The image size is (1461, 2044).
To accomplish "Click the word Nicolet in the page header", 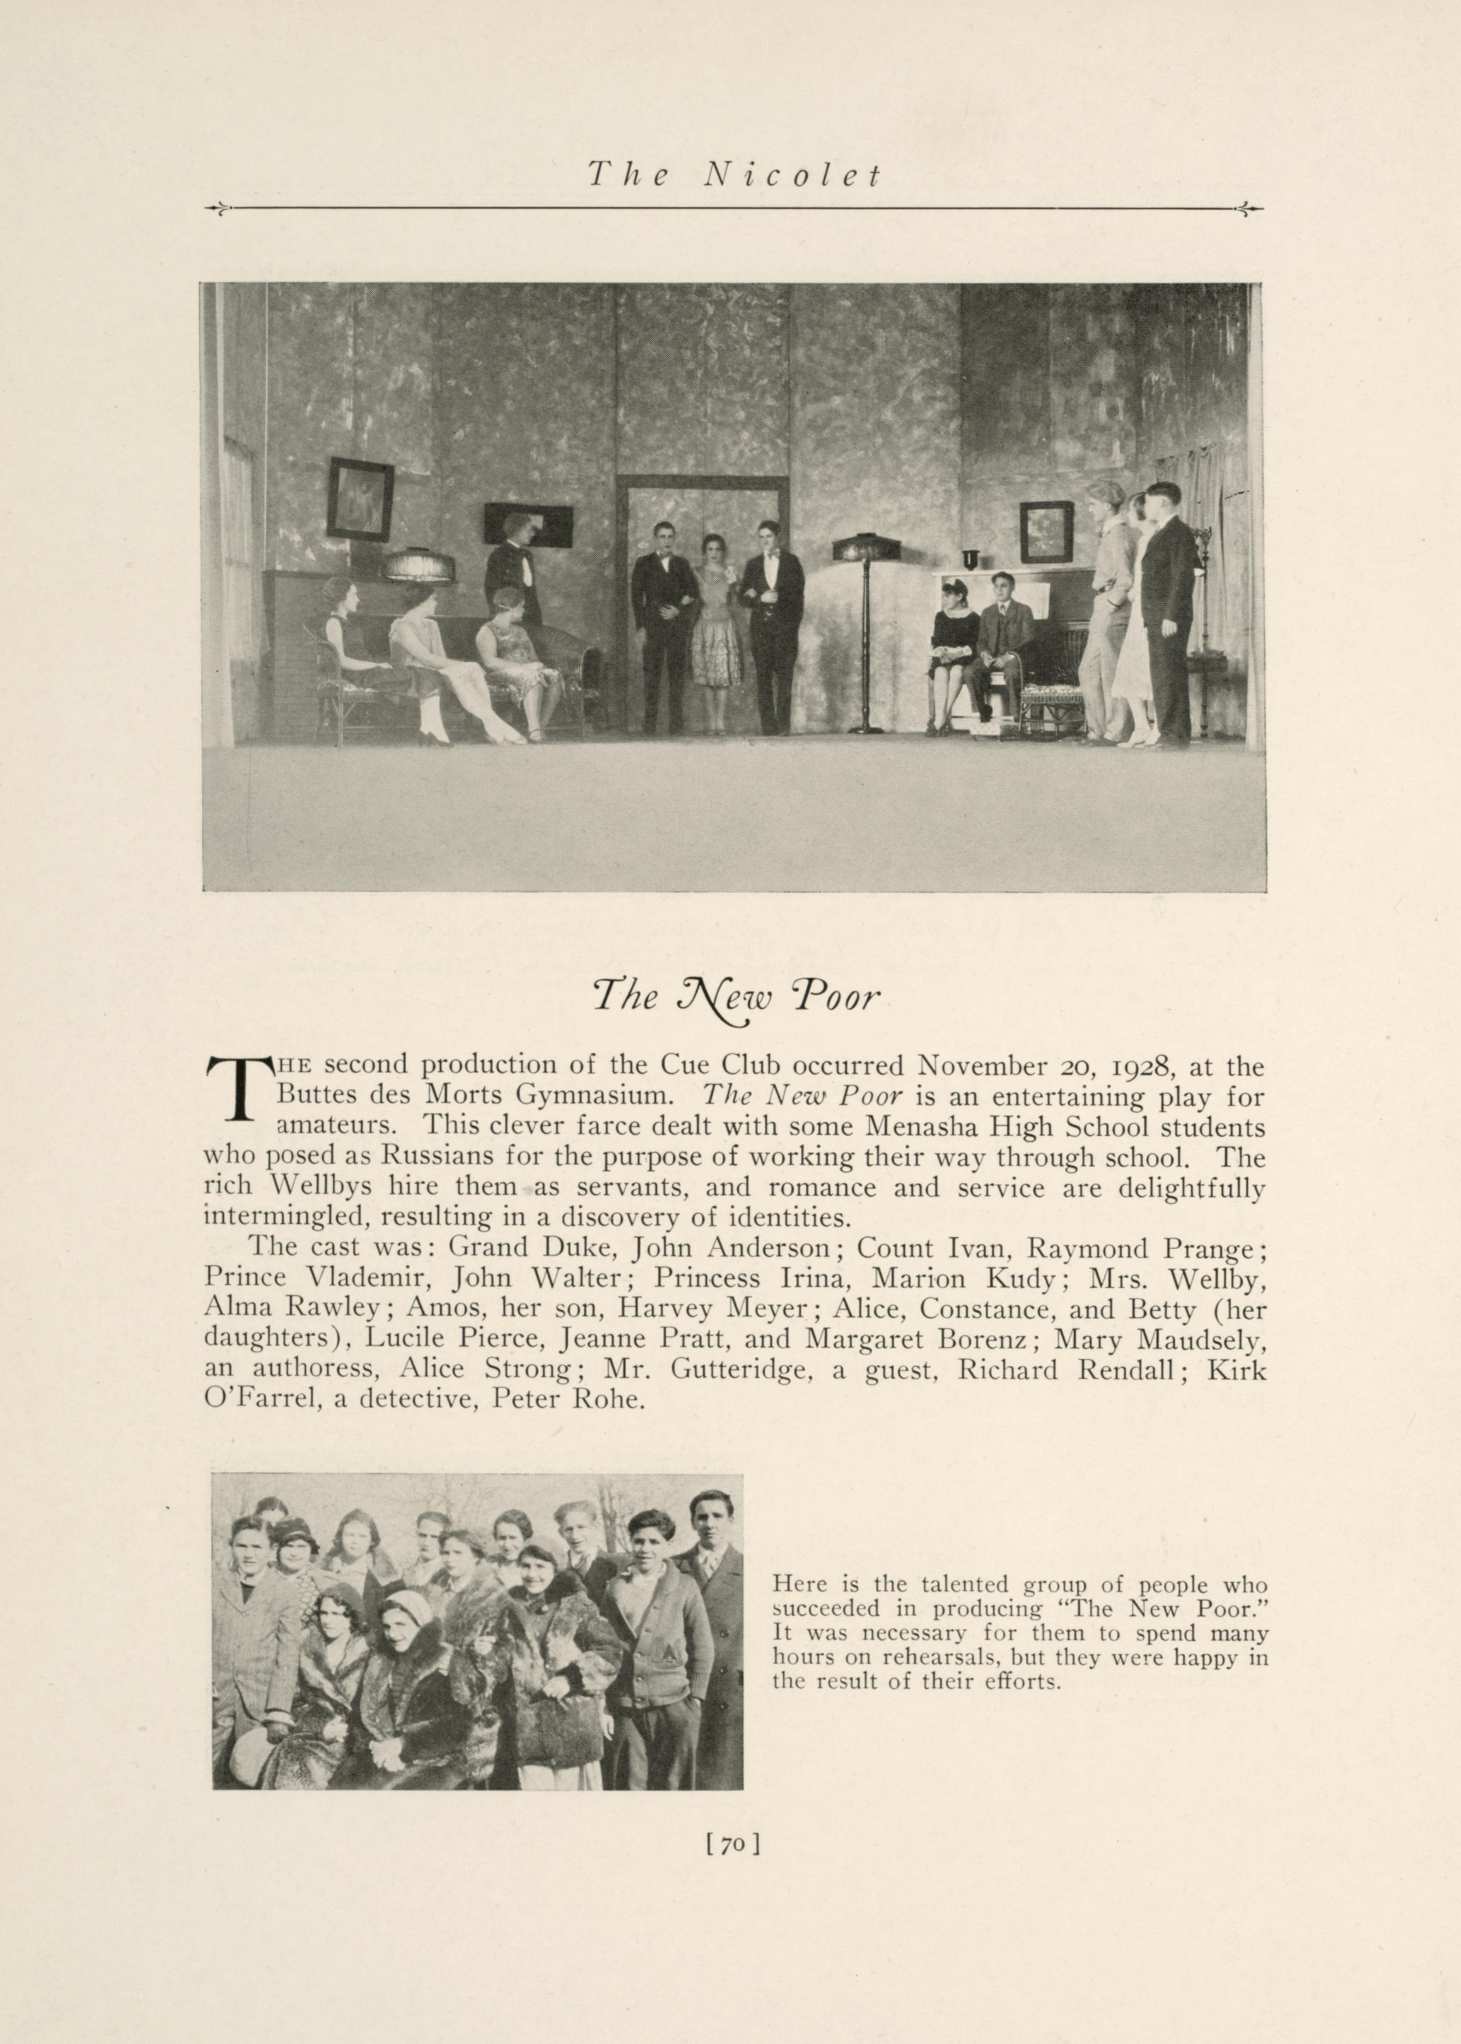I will (x=793, y=175).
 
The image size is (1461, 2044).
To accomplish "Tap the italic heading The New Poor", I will (x=734, y=998).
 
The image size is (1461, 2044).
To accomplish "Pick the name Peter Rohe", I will (x=569, y=1400).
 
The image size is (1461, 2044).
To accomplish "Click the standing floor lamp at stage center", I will (x=866, y=630).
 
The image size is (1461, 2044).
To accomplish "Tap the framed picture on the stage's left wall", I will (x=360, y=499).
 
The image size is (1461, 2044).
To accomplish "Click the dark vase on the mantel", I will (x=970, y=559).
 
